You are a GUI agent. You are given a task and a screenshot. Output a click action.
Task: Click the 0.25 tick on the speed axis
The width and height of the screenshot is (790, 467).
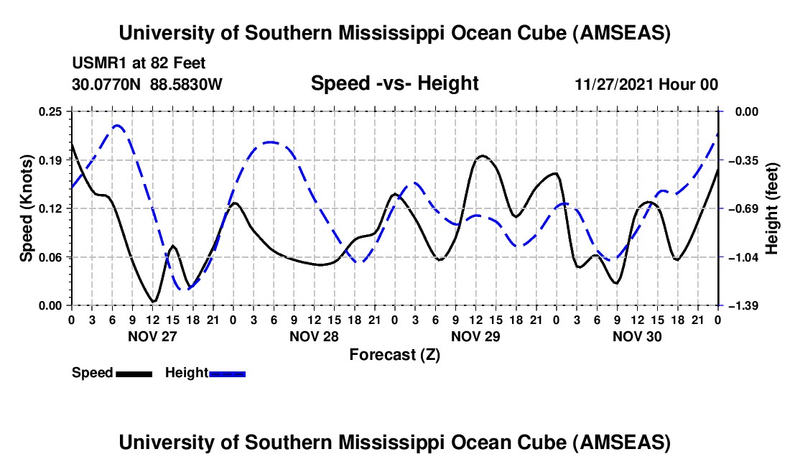[x=52, y=111]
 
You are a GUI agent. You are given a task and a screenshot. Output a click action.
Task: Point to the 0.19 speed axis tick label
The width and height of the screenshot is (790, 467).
[x=52, y=160]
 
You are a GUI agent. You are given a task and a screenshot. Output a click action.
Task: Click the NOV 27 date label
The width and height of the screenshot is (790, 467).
[x=152, y=336]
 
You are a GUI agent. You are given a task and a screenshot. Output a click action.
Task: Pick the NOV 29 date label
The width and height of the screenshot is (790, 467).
[x=475, y=336]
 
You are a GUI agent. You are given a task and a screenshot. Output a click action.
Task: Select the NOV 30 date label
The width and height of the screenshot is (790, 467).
[x=636, y=336]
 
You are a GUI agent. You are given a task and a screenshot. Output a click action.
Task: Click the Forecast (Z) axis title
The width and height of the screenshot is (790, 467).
[x=394, y=354]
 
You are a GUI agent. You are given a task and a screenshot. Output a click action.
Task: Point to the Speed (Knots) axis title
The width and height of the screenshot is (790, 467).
[x=27, y=208]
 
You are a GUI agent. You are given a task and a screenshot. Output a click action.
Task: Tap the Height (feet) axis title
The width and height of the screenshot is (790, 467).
[x=773, y=208]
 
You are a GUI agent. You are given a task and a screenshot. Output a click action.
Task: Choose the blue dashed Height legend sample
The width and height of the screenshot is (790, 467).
[x=227, y=374]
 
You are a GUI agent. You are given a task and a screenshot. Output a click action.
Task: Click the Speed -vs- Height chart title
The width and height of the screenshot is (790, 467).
[x=394, y=83]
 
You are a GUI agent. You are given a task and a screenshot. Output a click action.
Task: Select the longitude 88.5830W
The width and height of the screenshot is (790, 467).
[x=187, y=84]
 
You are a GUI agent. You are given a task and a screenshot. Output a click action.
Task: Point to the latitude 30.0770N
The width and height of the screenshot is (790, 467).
[x=108, y=84]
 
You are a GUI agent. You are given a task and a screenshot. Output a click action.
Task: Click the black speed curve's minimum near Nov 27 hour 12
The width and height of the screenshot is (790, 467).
[x=153, y=302]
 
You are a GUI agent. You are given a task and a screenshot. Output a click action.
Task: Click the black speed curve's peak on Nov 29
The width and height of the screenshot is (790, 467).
[x=483, y=155]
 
